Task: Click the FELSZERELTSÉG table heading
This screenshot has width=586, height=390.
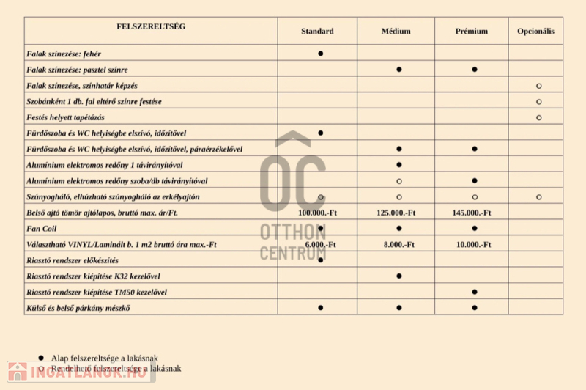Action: point(151,26)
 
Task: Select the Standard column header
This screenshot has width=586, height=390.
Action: point(317,32)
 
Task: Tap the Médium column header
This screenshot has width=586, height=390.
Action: point(396,32)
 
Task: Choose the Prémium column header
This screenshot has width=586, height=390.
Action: point(472,32)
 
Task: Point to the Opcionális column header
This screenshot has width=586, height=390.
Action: point(536,32)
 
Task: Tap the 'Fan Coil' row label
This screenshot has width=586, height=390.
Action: point(42,228)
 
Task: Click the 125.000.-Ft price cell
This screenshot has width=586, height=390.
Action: point(396,213)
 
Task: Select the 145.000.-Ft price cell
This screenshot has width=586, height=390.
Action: point(472,213)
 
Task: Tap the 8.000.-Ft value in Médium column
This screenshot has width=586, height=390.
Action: point(399,244)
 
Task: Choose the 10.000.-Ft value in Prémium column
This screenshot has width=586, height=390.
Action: point(475,244)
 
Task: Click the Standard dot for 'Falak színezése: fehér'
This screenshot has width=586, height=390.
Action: point(321,54)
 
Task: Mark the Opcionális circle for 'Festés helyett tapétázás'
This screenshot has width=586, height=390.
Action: point(539,117)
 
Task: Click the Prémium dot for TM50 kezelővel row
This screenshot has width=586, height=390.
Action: point(475,292)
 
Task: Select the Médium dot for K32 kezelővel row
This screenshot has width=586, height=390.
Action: point(399,276)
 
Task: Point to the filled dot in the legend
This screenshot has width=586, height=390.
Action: point(41,358)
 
